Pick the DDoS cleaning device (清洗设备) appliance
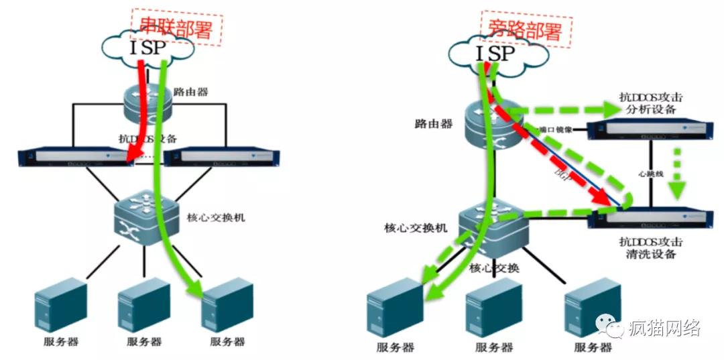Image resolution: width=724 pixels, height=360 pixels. tap(648, 218)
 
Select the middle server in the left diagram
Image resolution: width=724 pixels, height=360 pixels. tap(144, 305)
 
